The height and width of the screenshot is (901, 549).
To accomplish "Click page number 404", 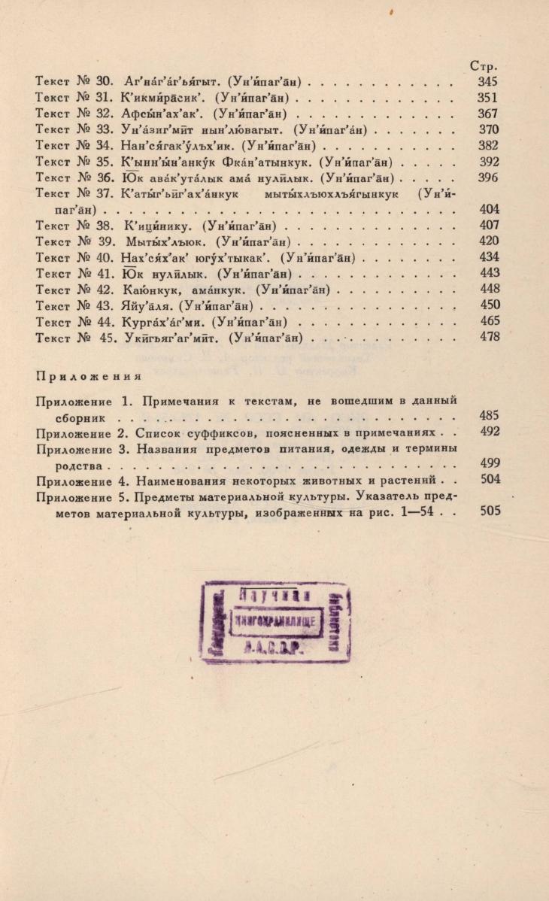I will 489,210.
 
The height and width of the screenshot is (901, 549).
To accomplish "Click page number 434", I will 489,257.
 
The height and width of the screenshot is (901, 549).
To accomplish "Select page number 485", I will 489,415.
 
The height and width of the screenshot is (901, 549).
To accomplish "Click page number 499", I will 489,464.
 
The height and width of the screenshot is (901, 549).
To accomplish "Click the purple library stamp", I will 278,622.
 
